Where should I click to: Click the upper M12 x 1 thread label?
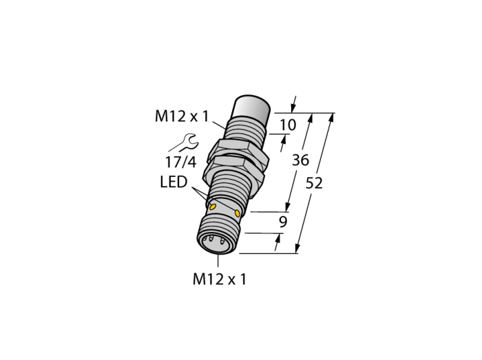pos(182,116)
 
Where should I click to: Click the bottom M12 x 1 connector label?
pos(220,279)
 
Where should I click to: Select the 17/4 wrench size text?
pos(180,162)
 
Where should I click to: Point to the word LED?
pos(174,182)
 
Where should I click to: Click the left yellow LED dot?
pos(212,207)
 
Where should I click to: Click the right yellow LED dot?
pos(237,213)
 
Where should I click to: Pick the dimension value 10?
pos(288,125)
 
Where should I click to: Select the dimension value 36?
pos(300,160)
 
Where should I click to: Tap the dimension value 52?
pos(314,183)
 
